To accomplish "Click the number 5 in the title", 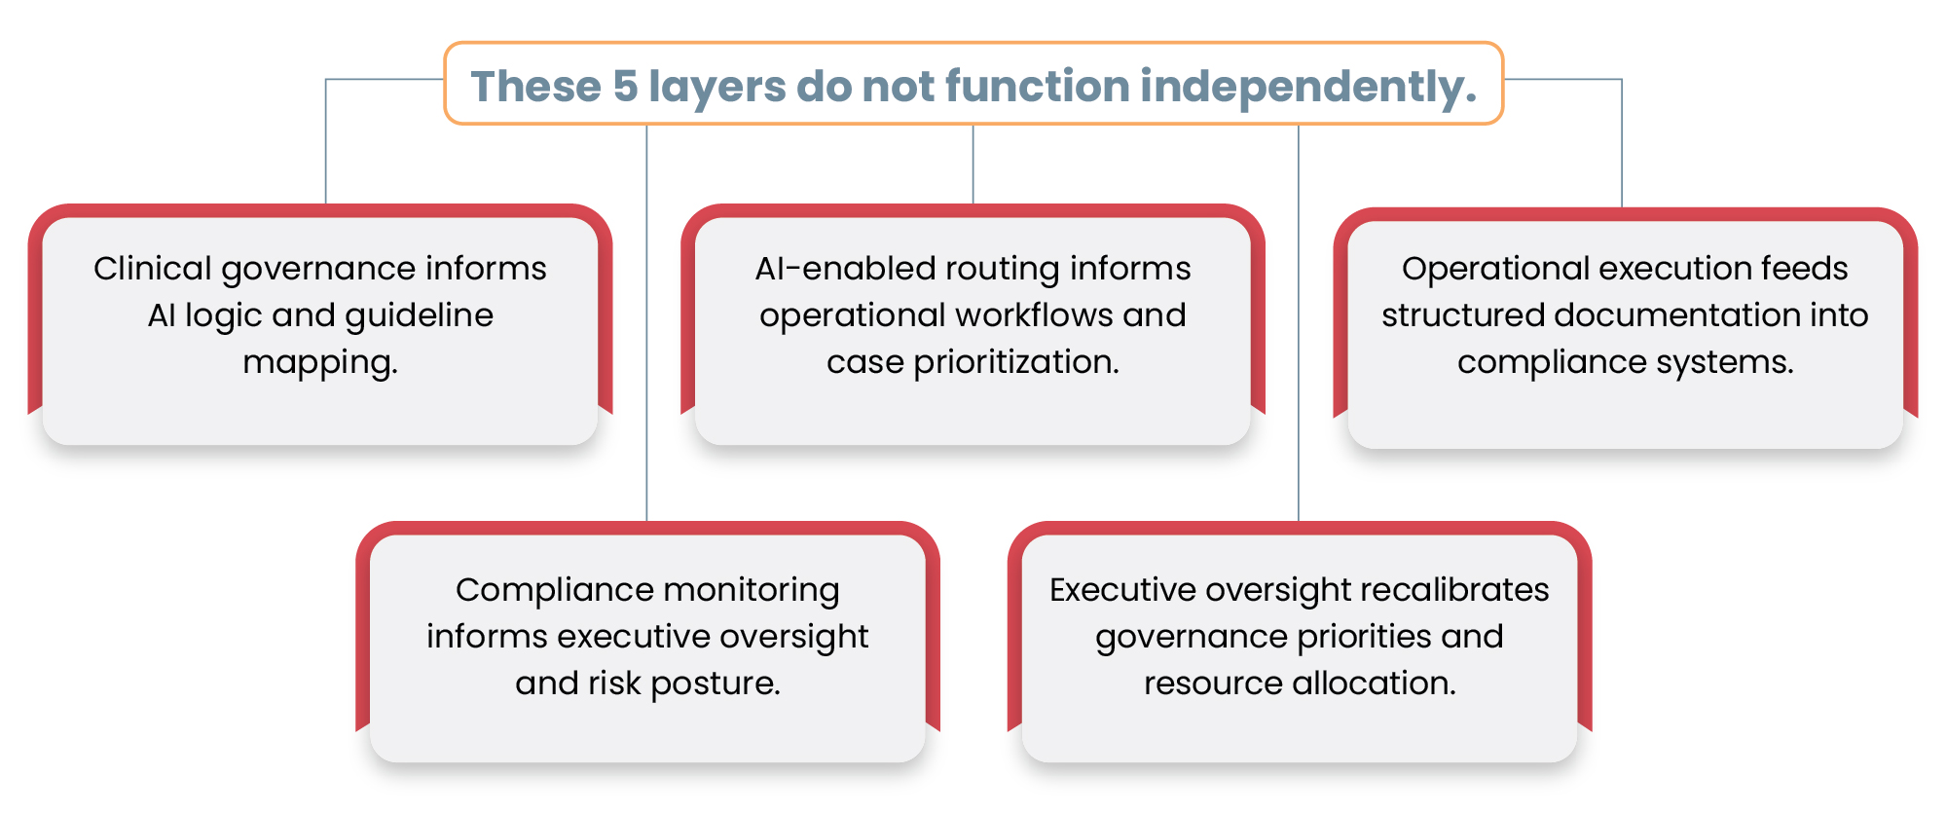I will click(624, 86).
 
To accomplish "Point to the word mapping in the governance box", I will click(320, 362).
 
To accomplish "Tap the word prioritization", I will click(1016, 362).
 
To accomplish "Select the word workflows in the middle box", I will click(1035, 315).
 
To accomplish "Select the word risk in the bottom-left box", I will click(612, 684).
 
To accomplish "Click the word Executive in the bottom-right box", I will click(1121, 590).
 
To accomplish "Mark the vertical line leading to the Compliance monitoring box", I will click(646, 321).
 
